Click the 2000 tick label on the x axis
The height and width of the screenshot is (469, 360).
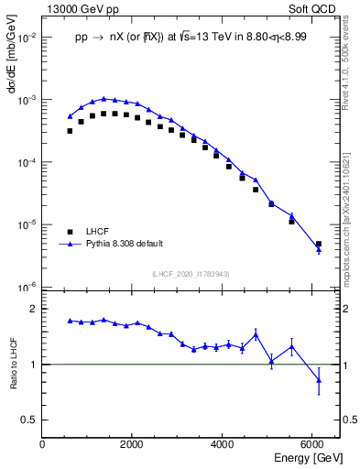click(133, 444)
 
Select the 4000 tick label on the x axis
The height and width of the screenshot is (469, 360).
click(224, 444)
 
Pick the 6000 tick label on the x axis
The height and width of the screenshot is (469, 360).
click(313, 444)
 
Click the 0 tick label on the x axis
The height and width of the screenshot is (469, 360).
click(43, 444)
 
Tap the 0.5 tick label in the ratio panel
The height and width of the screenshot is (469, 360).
click(29, 420)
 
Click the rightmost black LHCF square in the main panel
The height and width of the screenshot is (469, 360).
click(319, 245)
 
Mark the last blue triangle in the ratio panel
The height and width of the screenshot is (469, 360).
click(319, 380)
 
